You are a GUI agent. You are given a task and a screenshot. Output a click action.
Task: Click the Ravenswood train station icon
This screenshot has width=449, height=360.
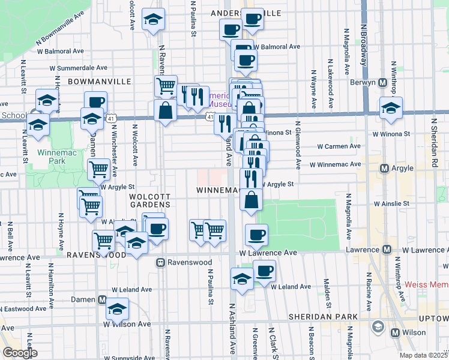click(161, 262)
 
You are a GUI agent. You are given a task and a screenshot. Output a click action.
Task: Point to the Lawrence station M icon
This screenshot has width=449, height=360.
click(387, 249)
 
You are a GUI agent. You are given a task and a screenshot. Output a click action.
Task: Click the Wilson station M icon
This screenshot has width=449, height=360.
click(395, 332)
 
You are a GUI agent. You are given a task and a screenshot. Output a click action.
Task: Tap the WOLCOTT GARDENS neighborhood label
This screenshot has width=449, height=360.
click(151, 200)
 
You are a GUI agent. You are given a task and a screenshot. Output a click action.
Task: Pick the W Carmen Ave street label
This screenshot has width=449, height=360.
click(339, 146)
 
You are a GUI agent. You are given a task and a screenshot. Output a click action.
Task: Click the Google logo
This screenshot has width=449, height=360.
click(19, 353)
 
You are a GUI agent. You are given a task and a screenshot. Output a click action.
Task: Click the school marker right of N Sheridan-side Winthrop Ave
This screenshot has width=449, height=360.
click(391, 109)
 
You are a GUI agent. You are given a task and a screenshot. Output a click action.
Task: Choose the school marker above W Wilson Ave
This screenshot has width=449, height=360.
click(117, 309)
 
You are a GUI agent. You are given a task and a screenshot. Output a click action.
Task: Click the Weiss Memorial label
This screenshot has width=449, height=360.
click(426, 284)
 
